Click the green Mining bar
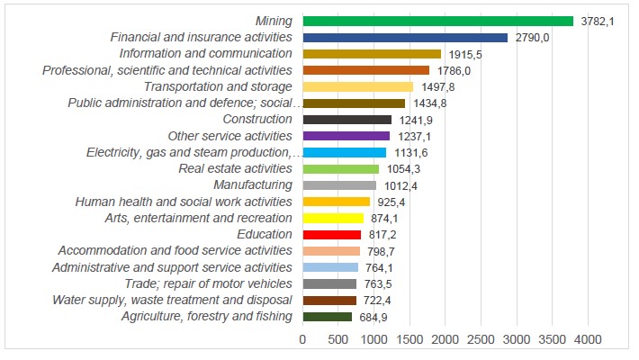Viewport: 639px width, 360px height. point(438,21)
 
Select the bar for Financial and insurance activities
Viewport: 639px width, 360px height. point(406,38)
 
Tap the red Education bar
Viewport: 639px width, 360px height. point(332,235)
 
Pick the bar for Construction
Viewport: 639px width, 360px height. point(347,120)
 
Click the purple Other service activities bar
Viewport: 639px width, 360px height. point(346,136)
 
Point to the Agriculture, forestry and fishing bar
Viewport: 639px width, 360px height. point(328,317)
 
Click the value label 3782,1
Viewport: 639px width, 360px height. point(597,22)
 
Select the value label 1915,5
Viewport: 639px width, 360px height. point(464,54)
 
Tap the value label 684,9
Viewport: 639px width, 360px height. point(372,317)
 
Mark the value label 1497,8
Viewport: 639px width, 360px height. point(436,87)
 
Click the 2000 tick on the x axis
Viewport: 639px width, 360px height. point(445,339)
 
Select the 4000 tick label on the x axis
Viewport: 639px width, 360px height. point(588,339)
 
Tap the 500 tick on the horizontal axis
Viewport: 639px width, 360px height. point(338,339)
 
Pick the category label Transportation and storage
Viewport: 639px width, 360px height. point(218,86)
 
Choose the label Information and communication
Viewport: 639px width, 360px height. point(205,54)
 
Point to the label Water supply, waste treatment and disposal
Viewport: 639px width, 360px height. point(172,300)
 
